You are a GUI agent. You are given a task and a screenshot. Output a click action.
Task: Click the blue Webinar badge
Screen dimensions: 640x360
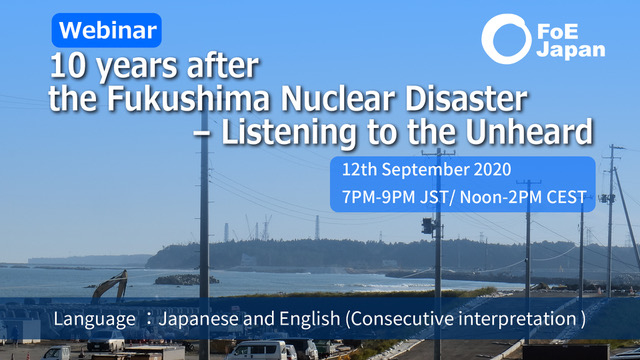[x=107, y=30]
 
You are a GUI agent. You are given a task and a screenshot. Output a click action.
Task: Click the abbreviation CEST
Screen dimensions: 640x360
[x=567, y=197]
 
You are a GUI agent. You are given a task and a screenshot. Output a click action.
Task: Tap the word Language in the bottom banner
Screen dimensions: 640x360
[x=94, y=319]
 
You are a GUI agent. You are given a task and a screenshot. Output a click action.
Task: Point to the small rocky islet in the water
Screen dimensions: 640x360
[x=187, y=280]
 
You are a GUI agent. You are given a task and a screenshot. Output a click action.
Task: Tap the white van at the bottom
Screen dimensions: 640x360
[x=257, y=350]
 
